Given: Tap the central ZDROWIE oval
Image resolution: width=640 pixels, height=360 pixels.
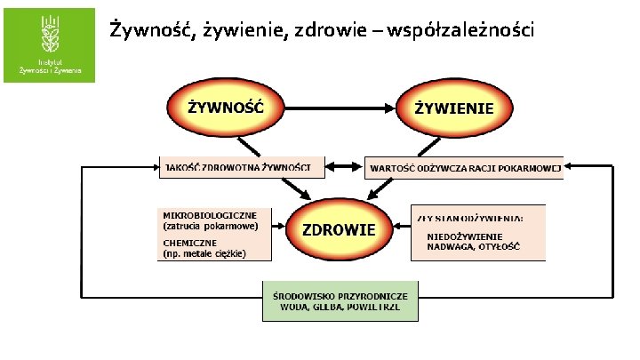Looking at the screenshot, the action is [x=339, y=229].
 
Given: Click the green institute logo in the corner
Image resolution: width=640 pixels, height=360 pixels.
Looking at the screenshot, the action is [x=49, y=44].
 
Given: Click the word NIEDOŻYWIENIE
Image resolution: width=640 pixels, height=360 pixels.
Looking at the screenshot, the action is [x=465, y=236].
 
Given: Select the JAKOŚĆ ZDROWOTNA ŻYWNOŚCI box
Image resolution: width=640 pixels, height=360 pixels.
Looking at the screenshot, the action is [x=239, y=167].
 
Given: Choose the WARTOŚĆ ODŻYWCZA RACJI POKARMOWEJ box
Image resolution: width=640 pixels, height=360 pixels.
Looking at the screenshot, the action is [x=464, y=167].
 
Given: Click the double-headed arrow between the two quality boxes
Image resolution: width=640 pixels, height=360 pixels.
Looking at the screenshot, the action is [x=344, y=167].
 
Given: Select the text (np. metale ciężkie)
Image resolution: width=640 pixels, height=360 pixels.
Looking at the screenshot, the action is [x=204, y=253].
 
